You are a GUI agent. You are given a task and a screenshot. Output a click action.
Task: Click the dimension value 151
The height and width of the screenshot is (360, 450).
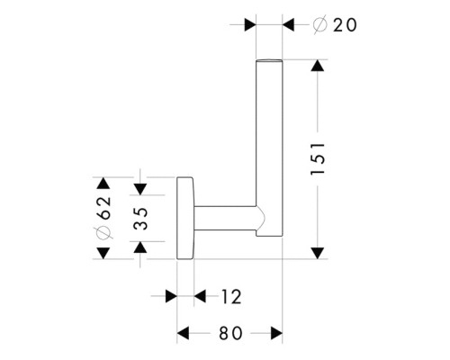point(318,158)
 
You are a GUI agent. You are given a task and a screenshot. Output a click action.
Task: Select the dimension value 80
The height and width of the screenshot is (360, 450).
point(230,333)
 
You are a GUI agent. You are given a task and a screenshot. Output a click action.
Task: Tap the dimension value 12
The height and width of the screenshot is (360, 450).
point(231,297)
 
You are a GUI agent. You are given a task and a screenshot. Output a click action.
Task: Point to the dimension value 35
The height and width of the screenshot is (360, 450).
point(140,218)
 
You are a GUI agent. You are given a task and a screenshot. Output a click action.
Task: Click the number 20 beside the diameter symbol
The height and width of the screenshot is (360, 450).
point(345,25)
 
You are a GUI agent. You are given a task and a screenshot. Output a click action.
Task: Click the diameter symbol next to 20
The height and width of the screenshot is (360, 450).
point(319,25)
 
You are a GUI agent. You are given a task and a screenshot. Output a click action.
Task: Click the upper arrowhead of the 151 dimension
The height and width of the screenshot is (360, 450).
point(318,66)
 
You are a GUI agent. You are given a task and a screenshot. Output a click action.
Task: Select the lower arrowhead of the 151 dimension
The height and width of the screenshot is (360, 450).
point(318,253)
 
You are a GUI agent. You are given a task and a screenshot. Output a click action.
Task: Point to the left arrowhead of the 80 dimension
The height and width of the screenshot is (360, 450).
point(183,333)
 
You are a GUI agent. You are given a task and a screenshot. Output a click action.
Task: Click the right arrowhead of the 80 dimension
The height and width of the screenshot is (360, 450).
point(276,333)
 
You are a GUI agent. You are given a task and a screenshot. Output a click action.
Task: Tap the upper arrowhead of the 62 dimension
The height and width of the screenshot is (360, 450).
point(103,183)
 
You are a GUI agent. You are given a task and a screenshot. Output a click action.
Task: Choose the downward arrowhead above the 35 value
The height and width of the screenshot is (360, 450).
point(140,189)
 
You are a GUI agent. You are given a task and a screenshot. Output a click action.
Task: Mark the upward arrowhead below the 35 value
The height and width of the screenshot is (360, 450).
point(140,247)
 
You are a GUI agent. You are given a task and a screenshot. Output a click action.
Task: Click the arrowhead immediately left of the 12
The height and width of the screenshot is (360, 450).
point(200,296)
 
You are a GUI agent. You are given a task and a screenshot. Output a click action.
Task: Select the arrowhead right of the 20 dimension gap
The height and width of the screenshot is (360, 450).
point(288,24)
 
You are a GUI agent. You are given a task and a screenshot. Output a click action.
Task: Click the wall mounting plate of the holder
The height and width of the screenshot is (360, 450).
point(185,218)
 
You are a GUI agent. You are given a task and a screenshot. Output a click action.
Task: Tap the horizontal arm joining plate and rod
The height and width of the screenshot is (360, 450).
point(225,219)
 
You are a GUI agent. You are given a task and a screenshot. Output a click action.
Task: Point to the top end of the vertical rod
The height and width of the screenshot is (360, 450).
point(269,61)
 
